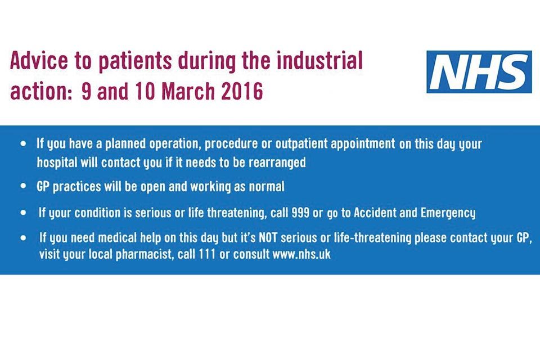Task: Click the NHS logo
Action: coord(479,71)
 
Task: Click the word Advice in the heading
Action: coord(39,61)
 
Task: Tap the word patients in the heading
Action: coord(135,61)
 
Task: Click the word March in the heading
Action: coord(188,91)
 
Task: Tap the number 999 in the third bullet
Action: coord(300,213)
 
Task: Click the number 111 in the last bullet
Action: coord(207,254)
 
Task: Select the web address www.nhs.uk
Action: coord(301,254)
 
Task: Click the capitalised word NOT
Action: coord(268,237)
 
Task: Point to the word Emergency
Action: coord(448,213)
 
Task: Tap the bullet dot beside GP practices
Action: coord(23,186)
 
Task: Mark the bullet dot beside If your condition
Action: coord(23,213)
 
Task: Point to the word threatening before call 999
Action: coord(237,213)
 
